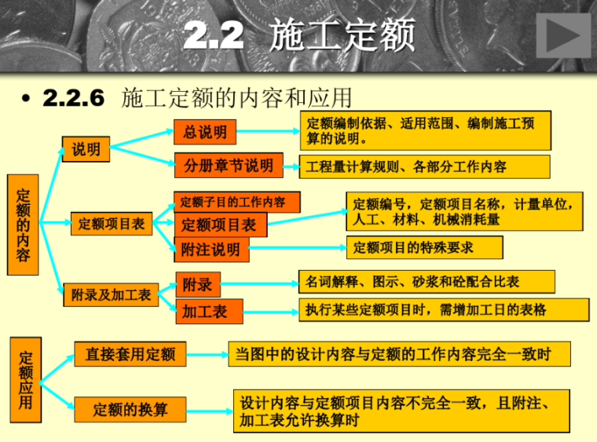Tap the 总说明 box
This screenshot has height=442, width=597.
point(205,132)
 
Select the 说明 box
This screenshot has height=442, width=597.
point(86,149)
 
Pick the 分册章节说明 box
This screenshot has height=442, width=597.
point(228,166)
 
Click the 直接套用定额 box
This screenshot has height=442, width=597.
point(130,354)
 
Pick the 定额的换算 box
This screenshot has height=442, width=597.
point(130,409)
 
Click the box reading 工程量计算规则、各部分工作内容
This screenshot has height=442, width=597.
point(423,166)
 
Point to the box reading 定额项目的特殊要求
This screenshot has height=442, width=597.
point(424,248)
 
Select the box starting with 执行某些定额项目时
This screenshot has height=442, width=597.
point(443,309)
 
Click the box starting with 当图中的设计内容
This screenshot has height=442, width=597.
point(399,354)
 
